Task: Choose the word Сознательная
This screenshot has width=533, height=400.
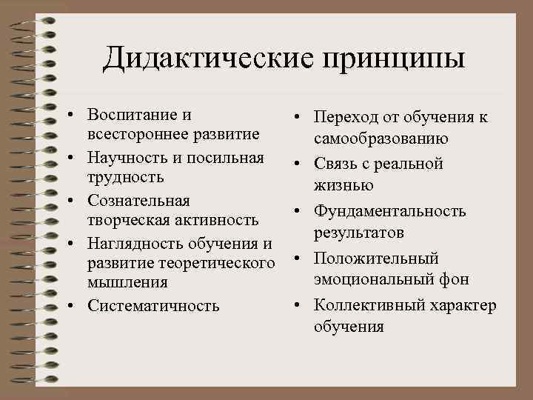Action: pyautogui.click(x=138, y=200)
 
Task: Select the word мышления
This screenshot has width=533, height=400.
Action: pyautogui.click(x=127, y=282)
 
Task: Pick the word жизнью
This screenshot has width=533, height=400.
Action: pyautogui.click(x=343, y=184)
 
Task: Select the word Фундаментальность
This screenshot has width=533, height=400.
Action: pyautogui.click(x=389, y=211)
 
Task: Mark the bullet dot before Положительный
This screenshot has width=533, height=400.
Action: pyautogui.click(x=298, y=259)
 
